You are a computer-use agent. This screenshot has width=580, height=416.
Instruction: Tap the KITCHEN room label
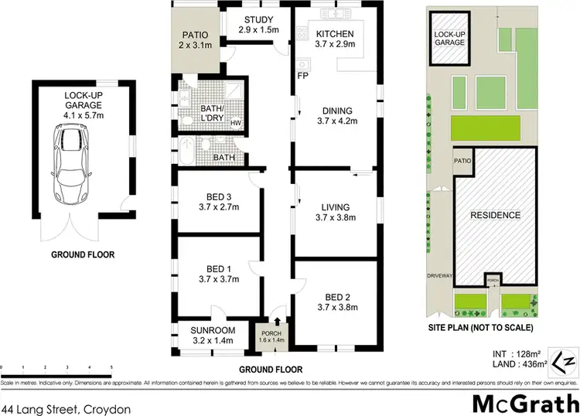(x=335, y=34)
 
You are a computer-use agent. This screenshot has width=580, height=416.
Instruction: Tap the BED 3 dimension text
(x=219, y=206)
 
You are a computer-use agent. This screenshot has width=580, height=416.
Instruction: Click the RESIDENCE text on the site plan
(x=496, y=215)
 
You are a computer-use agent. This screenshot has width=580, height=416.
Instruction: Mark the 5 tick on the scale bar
(x=111, y=366)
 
